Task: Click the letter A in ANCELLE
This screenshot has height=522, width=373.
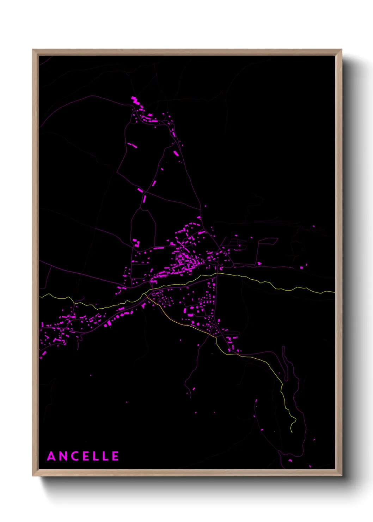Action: point(51,456)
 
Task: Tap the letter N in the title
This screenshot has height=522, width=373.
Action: point(63,456)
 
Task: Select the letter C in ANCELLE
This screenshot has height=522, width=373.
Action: point(75,456)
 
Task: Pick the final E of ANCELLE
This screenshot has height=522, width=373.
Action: point(116,456)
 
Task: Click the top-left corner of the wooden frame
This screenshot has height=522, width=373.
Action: point(33,50)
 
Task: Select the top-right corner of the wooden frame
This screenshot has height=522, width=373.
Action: point(341,50)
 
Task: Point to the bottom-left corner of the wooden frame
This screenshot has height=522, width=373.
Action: point(33,475)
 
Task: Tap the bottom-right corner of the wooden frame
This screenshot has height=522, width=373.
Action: point(341,475)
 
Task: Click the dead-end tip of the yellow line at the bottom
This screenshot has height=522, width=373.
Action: point(292,432)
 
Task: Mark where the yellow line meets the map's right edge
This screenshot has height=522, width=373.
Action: point(334,292)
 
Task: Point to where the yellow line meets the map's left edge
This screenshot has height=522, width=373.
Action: point(40,297)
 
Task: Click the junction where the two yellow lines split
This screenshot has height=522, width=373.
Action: point(146,293)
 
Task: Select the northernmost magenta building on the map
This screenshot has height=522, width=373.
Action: point(133,97)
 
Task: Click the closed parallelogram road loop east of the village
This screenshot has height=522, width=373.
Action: point(268,241)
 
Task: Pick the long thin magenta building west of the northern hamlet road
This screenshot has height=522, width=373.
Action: point(132,145)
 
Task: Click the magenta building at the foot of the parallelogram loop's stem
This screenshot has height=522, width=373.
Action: point(259,263)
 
